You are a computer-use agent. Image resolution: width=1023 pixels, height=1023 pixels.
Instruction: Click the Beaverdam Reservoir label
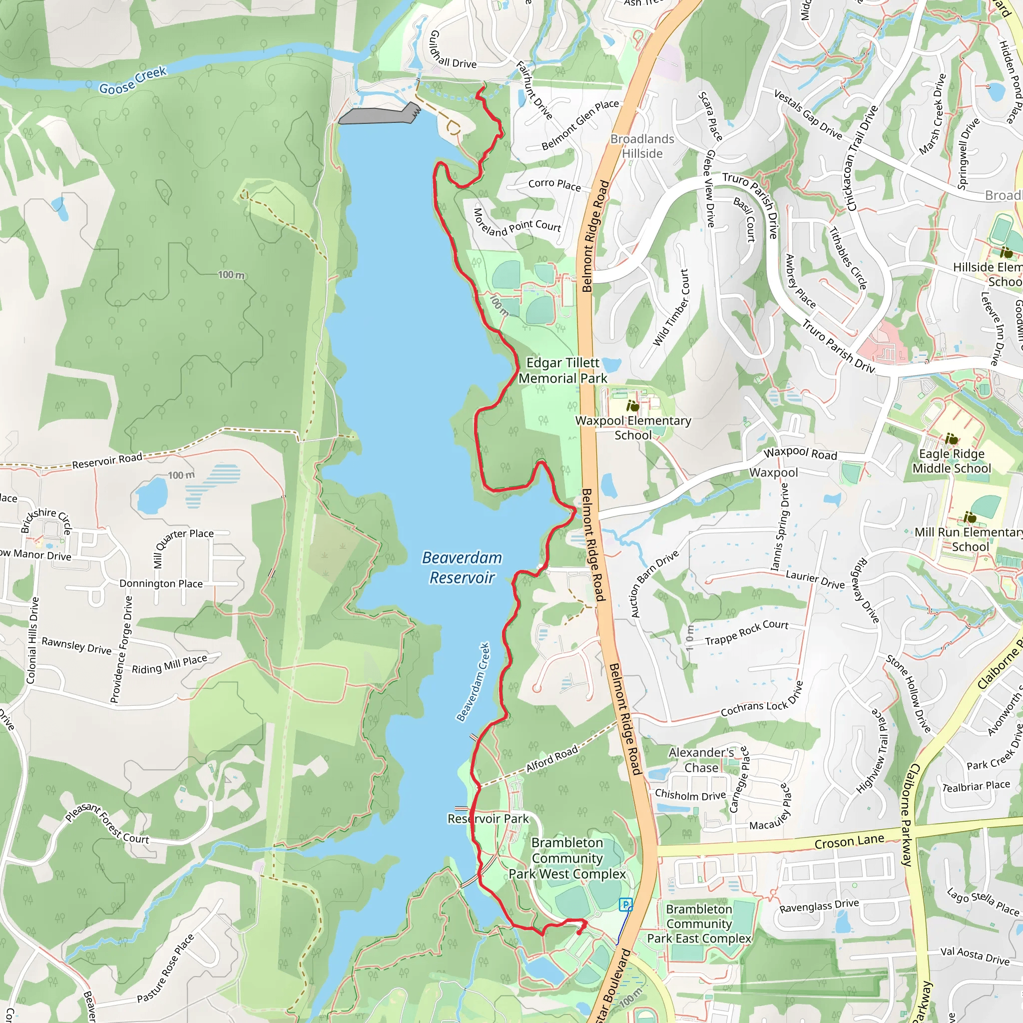462,567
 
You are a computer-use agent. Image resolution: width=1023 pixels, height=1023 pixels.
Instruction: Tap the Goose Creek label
133,80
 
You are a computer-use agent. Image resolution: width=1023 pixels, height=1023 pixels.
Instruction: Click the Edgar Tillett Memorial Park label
563,370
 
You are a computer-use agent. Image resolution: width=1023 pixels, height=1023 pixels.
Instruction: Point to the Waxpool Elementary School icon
632,406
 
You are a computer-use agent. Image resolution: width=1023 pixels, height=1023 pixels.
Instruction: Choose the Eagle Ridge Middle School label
952,461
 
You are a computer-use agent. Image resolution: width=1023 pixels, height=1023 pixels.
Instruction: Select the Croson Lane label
849,841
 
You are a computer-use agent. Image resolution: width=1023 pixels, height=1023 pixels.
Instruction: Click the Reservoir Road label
107,460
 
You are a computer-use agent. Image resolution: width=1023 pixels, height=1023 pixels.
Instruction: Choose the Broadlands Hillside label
642,146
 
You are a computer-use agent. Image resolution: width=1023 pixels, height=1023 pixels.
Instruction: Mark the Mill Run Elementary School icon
970,517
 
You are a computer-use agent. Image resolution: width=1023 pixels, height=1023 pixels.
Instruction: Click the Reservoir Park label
488,819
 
